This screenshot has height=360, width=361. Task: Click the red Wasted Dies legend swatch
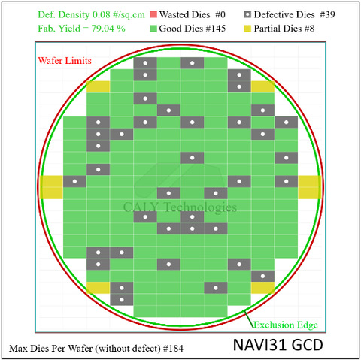point(153,14)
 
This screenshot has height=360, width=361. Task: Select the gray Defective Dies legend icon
point(247,14)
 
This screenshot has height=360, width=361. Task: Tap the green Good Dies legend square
point(153,29)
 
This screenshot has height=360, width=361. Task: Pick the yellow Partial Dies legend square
point(247,29)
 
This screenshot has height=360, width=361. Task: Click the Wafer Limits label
point(65,61)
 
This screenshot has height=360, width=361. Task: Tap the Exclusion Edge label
point(286,325)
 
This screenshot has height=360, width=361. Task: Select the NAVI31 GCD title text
point(278,345)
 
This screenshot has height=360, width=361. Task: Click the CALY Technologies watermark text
point(180,207)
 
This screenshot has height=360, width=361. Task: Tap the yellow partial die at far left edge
point(51,187)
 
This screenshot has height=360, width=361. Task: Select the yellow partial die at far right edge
point(310,187)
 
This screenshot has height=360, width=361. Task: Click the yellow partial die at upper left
point(99,86)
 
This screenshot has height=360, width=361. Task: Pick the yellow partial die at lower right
point(262,288)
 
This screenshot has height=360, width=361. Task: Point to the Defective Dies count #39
point(327,14)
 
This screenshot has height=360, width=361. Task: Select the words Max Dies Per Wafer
point(51,349)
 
